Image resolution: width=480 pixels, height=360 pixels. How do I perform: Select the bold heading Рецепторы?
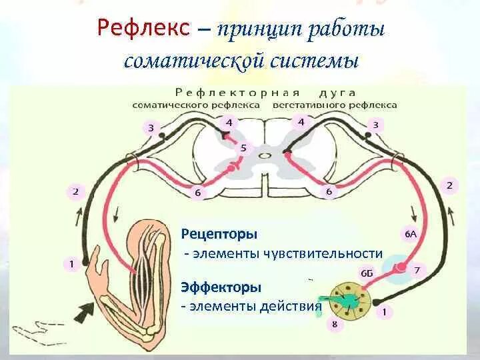(219, 235)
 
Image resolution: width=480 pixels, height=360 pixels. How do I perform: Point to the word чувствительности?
(332, 253)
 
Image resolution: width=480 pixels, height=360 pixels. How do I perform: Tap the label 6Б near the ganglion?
(367, 273)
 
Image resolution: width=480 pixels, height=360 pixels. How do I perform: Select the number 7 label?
(417, 270)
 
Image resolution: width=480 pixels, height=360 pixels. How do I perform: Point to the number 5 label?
(243, 148)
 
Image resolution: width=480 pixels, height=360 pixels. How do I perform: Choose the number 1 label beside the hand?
(72, 264)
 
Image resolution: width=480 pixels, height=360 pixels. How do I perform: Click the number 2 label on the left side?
(75, 193)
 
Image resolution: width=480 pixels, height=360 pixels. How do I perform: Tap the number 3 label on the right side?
(376, 125)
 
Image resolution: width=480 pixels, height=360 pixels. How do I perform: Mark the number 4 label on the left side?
(229, 123)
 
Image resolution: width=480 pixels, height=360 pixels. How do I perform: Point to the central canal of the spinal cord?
(265, 155)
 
